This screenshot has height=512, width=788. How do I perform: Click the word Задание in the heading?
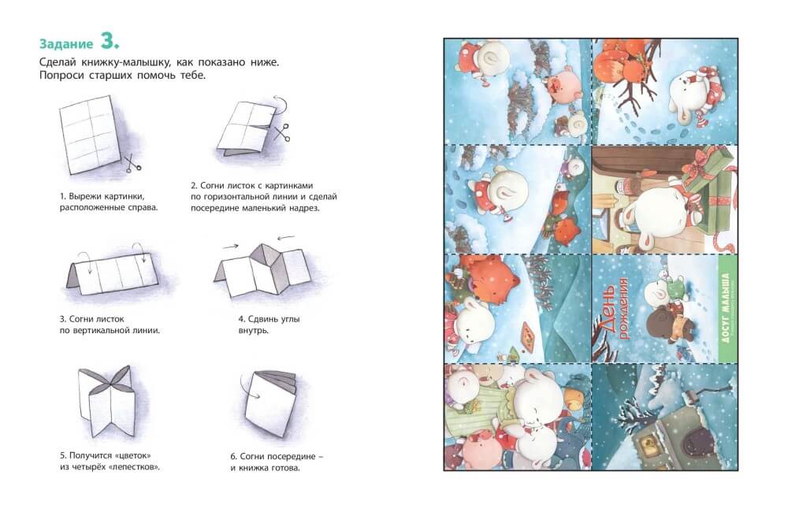pos(66,43)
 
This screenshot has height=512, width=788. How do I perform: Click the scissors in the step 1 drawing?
pos(133,163)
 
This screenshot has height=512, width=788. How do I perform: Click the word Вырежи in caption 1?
pos(84,196)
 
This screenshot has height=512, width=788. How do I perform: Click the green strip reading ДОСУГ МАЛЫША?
pos(723,308)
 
